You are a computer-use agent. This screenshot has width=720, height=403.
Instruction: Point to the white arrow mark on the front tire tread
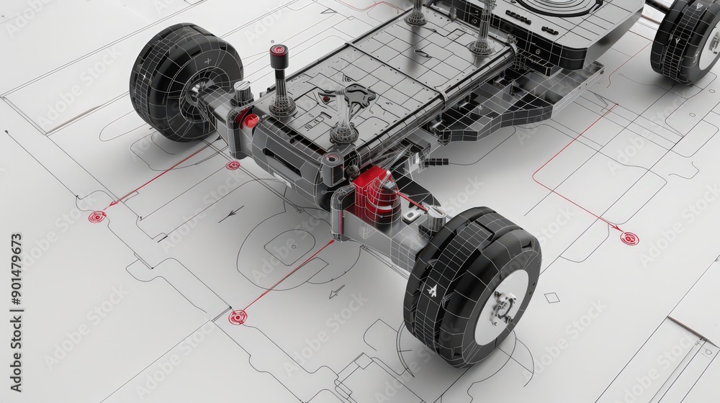pos(432,291)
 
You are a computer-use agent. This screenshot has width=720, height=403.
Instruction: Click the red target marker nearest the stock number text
pos(96,216)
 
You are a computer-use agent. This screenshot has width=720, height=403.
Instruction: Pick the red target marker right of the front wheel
pos(629,238)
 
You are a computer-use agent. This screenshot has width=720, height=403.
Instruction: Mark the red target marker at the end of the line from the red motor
pos(237,317)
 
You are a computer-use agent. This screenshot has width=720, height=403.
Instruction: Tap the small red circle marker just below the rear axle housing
pos(233,166)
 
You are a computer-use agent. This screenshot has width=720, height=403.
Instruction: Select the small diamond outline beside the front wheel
pos(552,297)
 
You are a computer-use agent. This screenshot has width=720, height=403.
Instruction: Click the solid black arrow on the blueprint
pos(231,214)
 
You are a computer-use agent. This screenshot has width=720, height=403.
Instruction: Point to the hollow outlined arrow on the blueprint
pos(336,291)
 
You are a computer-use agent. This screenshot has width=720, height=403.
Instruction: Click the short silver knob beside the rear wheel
pos(243,92)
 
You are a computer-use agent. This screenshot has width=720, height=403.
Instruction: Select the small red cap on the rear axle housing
pos(249,120)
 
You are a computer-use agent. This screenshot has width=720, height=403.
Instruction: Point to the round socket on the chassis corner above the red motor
pos(332,160)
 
